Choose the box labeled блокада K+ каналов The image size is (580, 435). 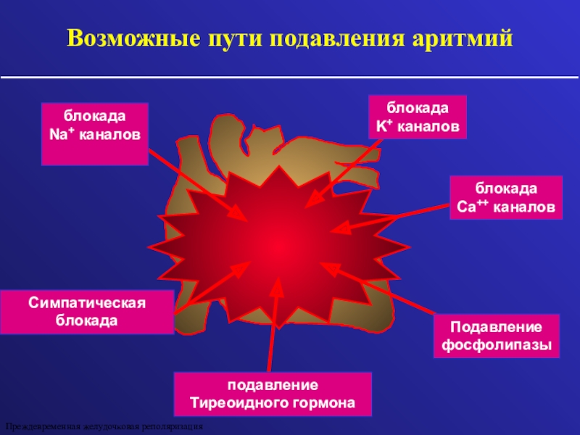417,117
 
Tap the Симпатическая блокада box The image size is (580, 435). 87,312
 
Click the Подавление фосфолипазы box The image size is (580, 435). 497,336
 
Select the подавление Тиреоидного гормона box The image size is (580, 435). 273,393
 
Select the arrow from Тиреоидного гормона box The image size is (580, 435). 273,326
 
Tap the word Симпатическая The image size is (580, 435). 87,303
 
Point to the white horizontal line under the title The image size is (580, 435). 290,75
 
